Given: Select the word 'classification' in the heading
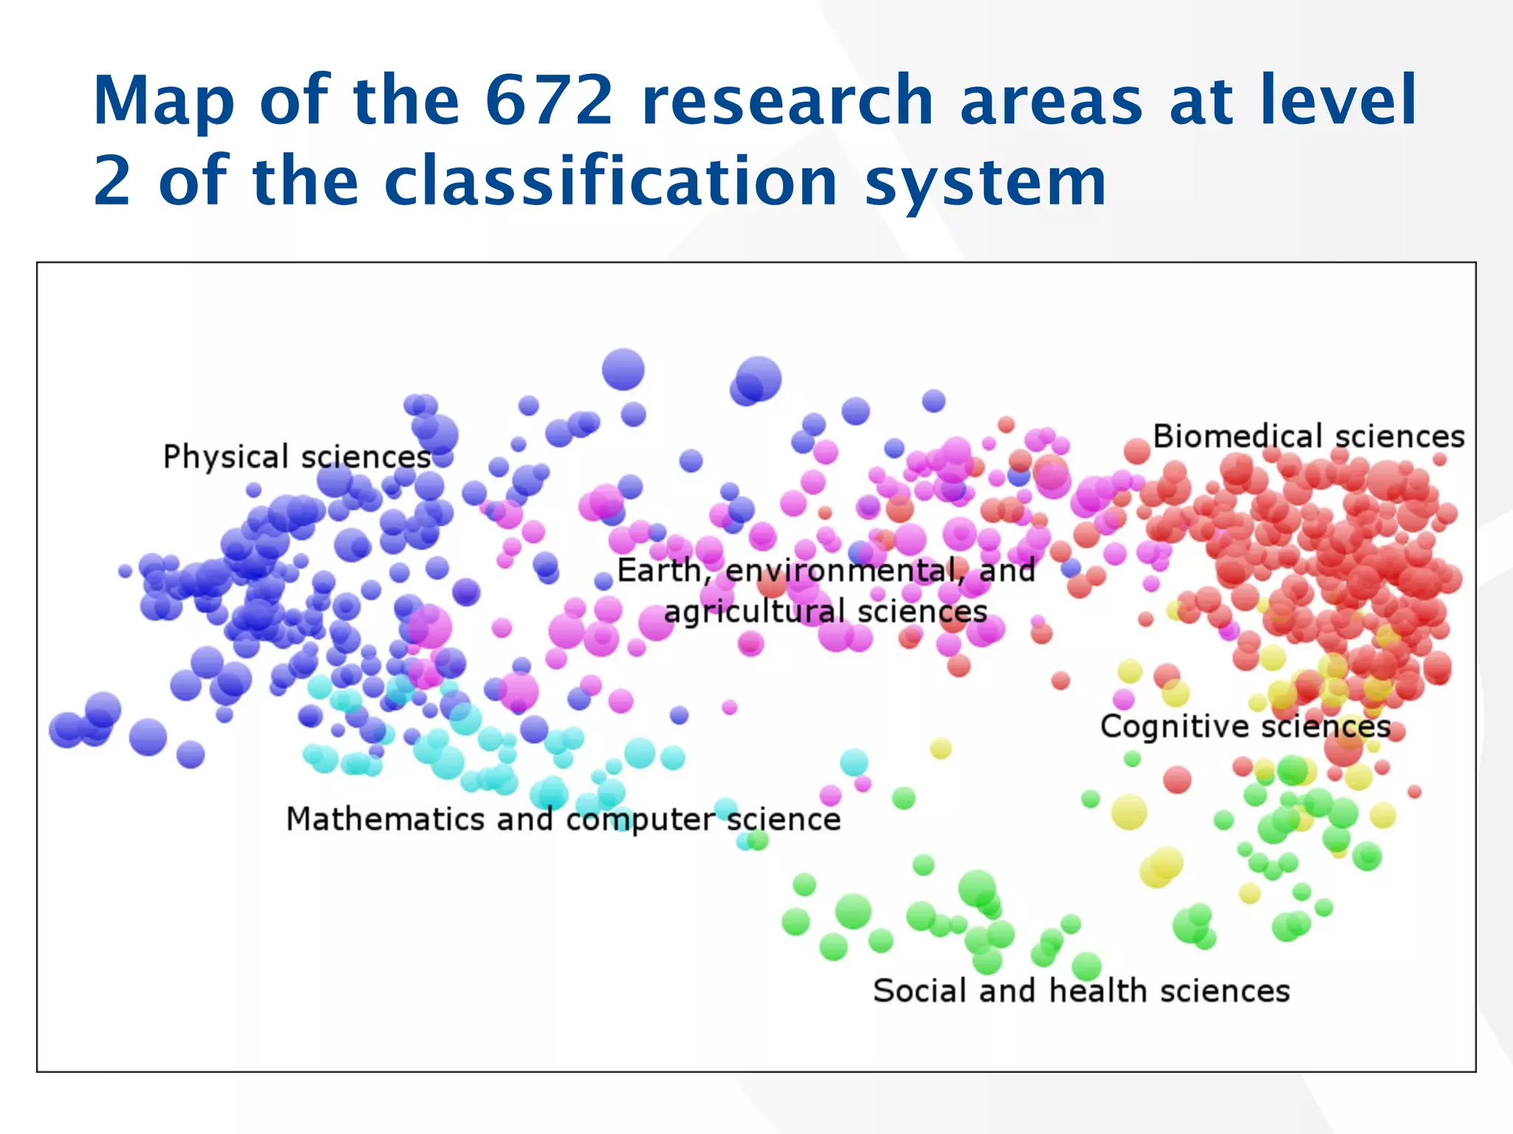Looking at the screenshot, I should [611, 181].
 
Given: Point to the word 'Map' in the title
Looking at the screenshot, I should [164, 102].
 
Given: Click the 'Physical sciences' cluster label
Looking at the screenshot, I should [297, 457].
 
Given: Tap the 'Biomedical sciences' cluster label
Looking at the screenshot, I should [1308, 436].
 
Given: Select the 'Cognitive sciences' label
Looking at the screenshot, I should [1245, 726].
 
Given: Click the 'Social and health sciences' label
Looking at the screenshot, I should [1081, 991].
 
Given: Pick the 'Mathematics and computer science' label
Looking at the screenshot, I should [563, 819].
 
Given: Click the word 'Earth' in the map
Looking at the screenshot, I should [659, 571].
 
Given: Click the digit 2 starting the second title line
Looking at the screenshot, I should [112, 181].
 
